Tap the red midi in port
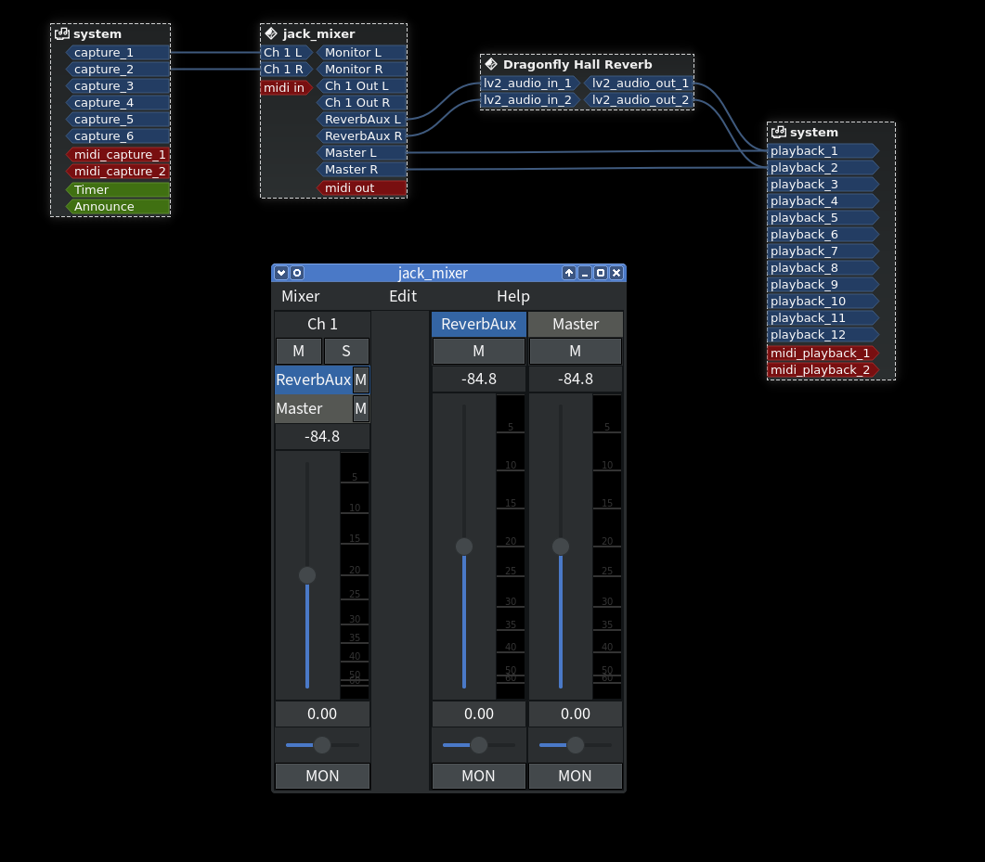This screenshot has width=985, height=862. pos(285,88)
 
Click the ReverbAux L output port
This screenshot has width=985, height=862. pos(362,120)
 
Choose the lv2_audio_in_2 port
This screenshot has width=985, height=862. pos(528,100)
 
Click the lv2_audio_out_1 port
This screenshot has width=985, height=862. pos(640,84)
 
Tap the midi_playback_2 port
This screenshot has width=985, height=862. pos(821,370)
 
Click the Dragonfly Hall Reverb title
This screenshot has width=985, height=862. pos(577,65)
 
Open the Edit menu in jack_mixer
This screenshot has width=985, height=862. pos(403,297)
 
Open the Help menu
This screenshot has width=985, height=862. pos(513,297)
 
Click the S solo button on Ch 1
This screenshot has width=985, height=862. pos(346,351)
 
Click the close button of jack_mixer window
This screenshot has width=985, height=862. pos(616,273)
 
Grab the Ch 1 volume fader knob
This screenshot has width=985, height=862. pos(307,575)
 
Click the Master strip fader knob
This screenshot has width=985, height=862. pos(561,547)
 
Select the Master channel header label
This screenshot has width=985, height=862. pos(576,324)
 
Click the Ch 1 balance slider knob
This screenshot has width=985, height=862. pos(322,744)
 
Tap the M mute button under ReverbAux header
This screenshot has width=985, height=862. pos(478,351)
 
